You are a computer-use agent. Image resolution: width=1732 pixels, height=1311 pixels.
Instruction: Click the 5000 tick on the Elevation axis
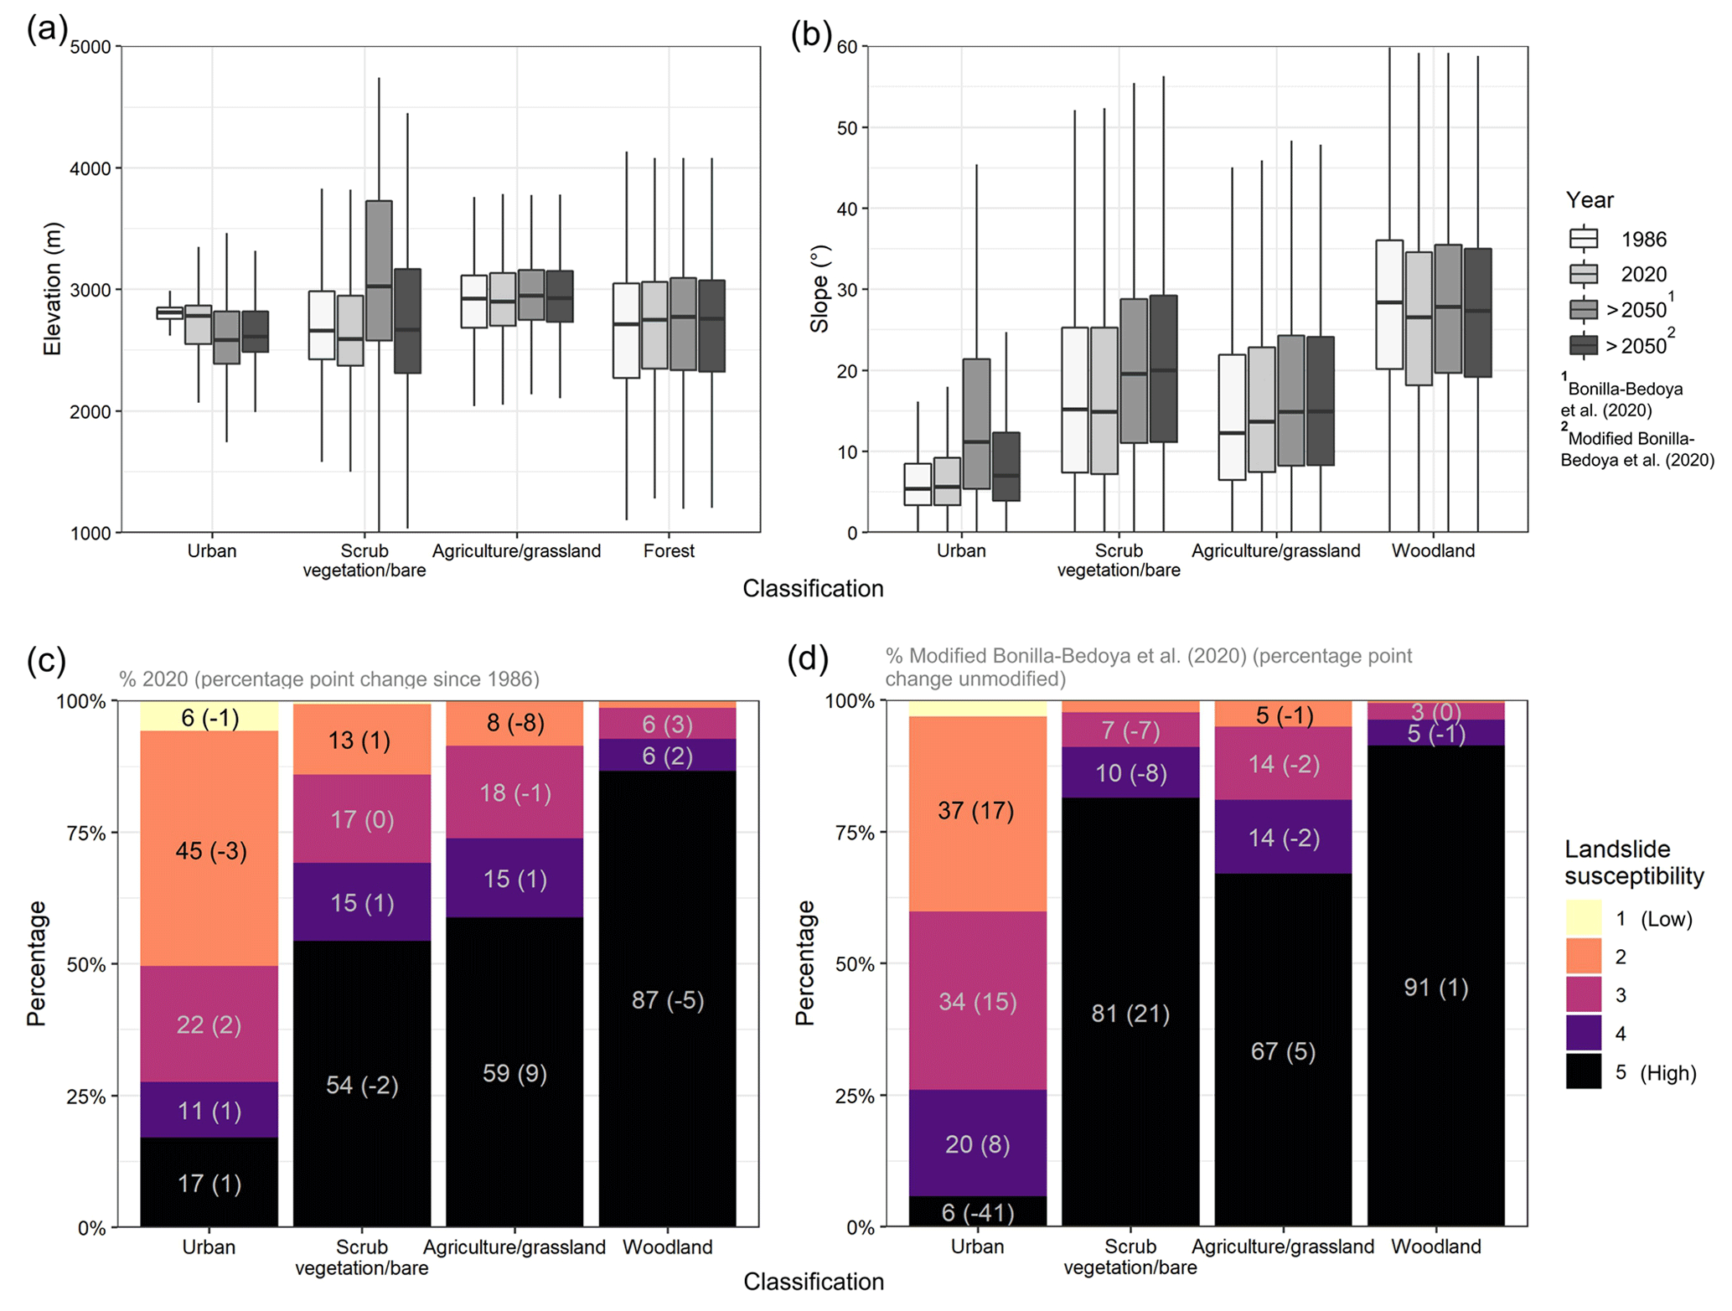(90, 47)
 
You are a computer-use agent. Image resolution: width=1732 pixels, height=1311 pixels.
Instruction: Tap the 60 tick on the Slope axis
(847, 47)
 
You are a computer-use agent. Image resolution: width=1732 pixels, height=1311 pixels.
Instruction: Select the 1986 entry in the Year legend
(1643, 240)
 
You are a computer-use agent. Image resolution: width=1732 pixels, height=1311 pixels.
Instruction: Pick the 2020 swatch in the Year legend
(1584, 275)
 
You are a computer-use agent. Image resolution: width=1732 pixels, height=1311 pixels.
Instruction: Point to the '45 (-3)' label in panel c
(211, 851)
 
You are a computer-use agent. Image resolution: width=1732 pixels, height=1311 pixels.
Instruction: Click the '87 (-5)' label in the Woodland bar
(667, 1000)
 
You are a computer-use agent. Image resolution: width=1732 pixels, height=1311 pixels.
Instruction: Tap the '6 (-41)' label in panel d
(978, 1212)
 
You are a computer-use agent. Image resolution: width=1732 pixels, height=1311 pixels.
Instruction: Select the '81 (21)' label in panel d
(1130, 1014)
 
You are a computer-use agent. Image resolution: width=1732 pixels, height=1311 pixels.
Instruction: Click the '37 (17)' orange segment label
(976, 811)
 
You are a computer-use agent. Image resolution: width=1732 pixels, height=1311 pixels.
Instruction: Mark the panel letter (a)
(47, 30)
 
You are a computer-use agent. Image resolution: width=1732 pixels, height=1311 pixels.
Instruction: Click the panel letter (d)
(808, 659)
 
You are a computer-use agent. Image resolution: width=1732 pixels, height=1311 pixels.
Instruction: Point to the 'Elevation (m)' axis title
(52, 289)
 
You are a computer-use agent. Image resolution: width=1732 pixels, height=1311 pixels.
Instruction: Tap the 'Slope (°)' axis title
(819, 289)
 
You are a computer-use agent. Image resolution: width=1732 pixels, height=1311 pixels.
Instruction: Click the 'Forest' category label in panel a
(669, 551)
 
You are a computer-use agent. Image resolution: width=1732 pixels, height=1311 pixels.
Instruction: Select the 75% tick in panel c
(85, 834)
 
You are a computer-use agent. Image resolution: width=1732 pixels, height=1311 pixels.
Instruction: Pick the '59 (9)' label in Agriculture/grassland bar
(514, 1073)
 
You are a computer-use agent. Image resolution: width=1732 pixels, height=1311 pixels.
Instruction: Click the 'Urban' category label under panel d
(977, 1246)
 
